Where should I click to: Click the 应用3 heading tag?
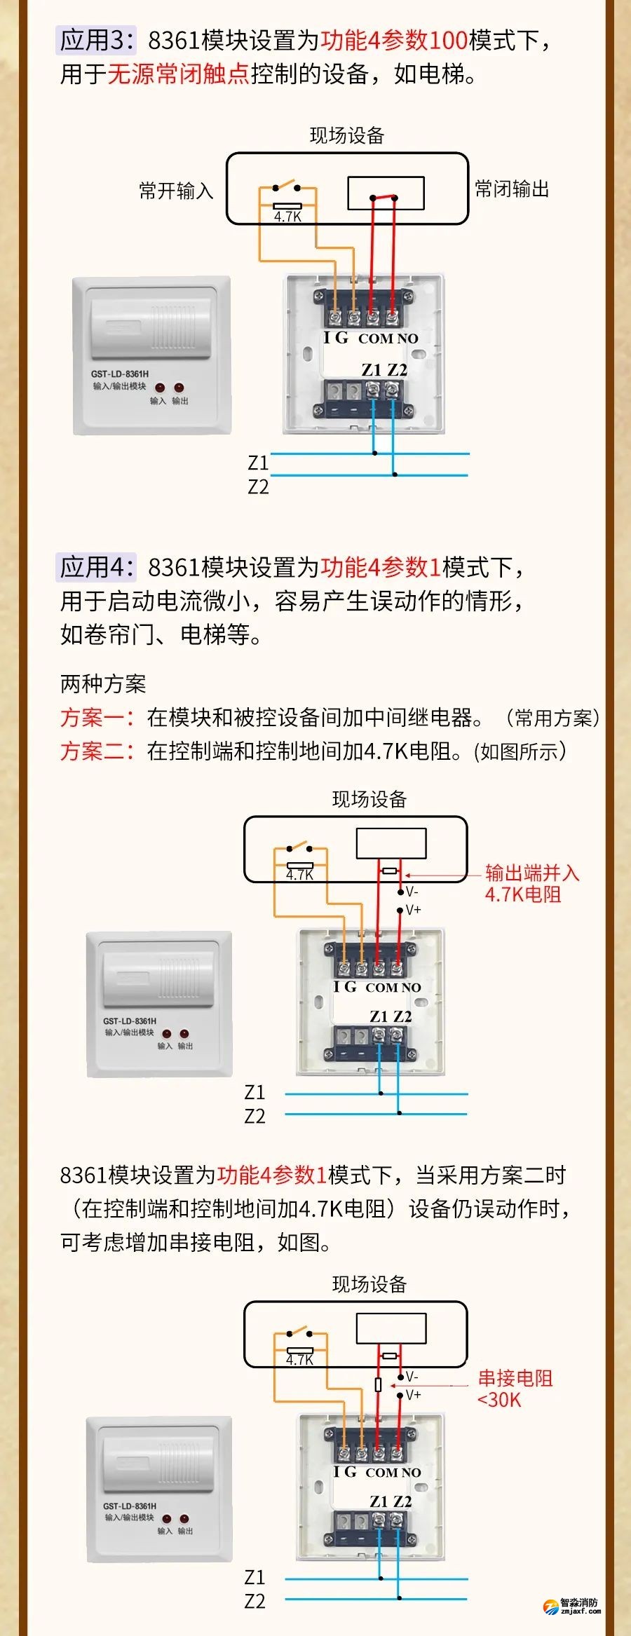[96, 40]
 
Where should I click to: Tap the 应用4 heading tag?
[96, 566]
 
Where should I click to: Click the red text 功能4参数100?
[394, 40]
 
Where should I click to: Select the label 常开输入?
[175, 191]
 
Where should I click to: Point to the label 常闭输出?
[512, 189]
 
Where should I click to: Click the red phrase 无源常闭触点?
[178, 74]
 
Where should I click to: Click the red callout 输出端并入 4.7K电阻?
[531, 883]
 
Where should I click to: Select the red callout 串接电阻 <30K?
[515, 1389]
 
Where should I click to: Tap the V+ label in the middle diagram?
[413, 910]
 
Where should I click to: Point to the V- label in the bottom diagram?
[412, 1377]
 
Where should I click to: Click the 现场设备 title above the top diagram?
[347, 135]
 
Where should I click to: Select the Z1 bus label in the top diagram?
[258, 463]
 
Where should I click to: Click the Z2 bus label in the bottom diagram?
[255, 1602]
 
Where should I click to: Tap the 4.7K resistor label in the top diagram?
[287, 217]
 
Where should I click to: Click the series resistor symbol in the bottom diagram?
[379, 1384]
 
